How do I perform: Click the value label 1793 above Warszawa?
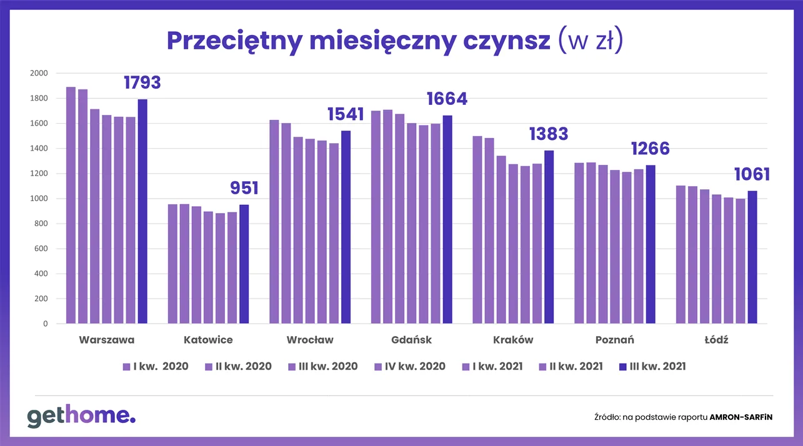(142, 82)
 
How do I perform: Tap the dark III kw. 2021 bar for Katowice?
(244, 264)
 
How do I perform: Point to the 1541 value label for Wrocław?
(346, 114)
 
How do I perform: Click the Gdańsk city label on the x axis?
(411, 340)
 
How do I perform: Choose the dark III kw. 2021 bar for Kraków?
(549, 237)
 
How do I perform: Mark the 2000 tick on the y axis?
(39, 73)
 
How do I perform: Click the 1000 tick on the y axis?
(39, 199)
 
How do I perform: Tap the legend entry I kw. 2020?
(156, 366)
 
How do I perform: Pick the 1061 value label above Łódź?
(752, 174)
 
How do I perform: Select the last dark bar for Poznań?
(651, 244)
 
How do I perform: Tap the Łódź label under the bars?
(716, 340)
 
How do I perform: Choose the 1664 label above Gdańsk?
(447, 99)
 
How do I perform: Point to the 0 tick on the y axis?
(44, 324)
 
